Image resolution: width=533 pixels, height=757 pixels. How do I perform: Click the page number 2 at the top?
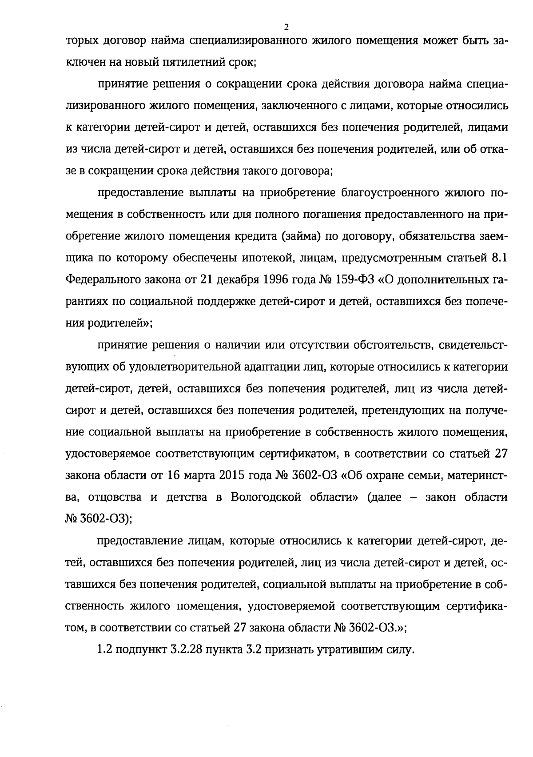pos(286,27)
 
